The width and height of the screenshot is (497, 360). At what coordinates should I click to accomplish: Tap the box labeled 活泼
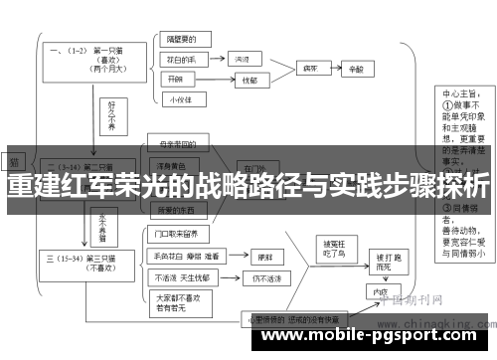tap(242, 60)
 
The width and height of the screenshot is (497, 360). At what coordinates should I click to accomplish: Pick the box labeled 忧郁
tap(248, 81)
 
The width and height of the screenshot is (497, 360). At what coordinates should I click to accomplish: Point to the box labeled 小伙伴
tap(181, 98)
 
